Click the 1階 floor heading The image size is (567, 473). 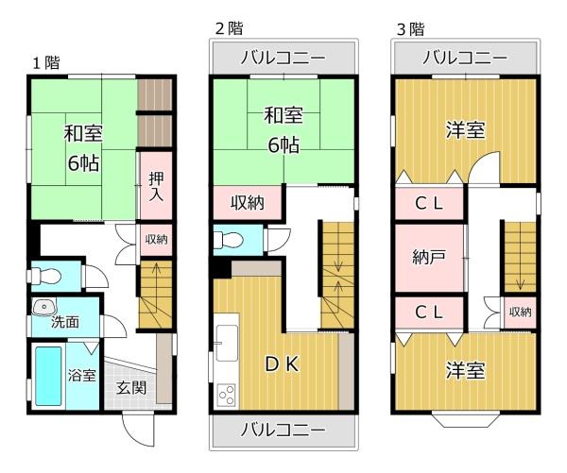pos(46,62)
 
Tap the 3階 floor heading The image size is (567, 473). pos(410,29)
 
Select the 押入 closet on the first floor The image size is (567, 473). pos(156,185)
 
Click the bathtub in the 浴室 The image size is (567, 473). pos(48,376)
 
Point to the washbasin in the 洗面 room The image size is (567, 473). pos(44,307)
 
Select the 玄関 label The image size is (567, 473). pos(131,388)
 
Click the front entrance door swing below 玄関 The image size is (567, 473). pos(138,430)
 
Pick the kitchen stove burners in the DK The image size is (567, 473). pos(227,396)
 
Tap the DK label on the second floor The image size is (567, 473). pos(282,364)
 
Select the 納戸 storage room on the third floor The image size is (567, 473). pos(429,258)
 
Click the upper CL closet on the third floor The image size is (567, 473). pos(429,203)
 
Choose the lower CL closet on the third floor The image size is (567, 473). pos(429,313)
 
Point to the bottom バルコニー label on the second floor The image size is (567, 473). pos(283,430)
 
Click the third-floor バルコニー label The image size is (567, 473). pos(465,58)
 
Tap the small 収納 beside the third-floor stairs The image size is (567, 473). pos(520,312)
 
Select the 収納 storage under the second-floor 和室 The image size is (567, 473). pos(248,203)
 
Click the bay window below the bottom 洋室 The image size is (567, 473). pos(466,420)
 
